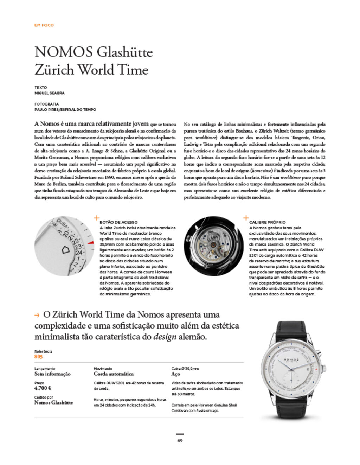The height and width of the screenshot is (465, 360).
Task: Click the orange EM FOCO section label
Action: click(x=44, y=25)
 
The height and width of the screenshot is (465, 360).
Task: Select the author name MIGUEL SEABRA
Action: click(x=49, y=93)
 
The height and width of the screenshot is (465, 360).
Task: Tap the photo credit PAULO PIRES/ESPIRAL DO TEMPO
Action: click(x=65, y=110)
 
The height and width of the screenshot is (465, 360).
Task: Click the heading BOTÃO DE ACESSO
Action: click(x=118, y=222)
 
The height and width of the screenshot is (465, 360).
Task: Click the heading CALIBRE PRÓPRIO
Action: click(x=267, y=222)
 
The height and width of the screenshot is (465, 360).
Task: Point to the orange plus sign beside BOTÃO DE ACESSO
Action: click(x=97, y=218)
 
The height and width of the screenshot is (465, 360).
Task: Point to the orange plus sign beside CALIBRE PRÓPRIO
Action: click(x=246, y=218)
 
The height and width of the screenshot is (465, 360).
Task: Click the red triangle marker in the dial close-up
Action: click(x=91, y=243)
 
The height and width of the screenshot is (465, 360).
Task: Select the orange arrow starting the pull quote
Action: click(x=37, y=316)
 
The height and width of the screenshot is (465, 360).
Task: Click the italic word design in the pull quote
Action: click(x=165, y=337)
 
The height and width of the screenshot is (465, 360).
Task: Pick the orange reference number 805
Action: click(x=38, y=357)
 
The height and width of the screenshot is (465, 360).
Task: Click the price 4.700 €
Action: click(x=43, y=388)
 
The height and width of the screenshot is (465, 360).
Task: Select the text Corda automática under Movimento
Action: click(x=114, y=374)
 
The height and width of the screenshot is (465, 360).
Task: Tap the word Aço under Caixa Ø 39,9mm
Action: click(x=175, y=374)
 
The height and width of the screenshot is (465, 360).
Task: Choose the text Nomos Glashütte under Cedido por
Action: click(x=53, y=403)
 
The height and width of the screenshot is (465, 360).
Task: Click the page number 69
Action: click(x=180, y=441)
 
